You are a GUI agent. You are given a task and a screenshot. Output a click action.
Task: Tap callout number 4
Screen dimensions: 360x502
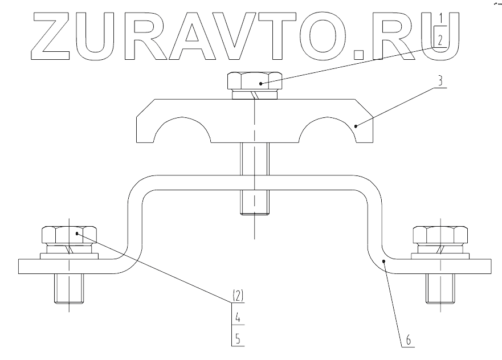(238, 317)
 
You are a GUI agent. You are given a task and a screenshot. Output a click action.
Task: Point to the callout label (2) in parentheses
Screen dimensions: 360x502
(238, 296)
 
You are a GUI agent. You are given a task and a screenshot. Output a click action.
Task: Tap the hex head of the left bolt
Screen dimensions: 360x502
(69, 235)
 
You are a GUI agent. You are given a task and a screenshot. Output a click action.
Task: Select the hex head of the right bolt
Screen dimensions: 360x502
(440, 235)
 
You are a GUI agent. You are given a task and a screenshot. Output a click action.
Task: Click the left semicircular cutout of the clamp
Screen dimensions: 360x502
(182, 134)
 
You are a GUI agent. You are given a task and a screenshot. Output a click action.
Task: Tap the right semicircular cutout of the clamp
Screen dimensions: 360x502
(325, 134)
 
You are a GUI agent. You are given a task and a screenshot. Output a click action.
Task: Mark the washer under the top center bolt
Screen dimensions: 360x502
(255, 95)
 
